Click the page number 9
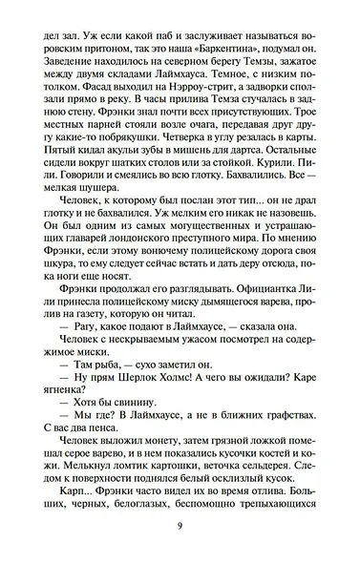pyautogui.click(x=180, y=530)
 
